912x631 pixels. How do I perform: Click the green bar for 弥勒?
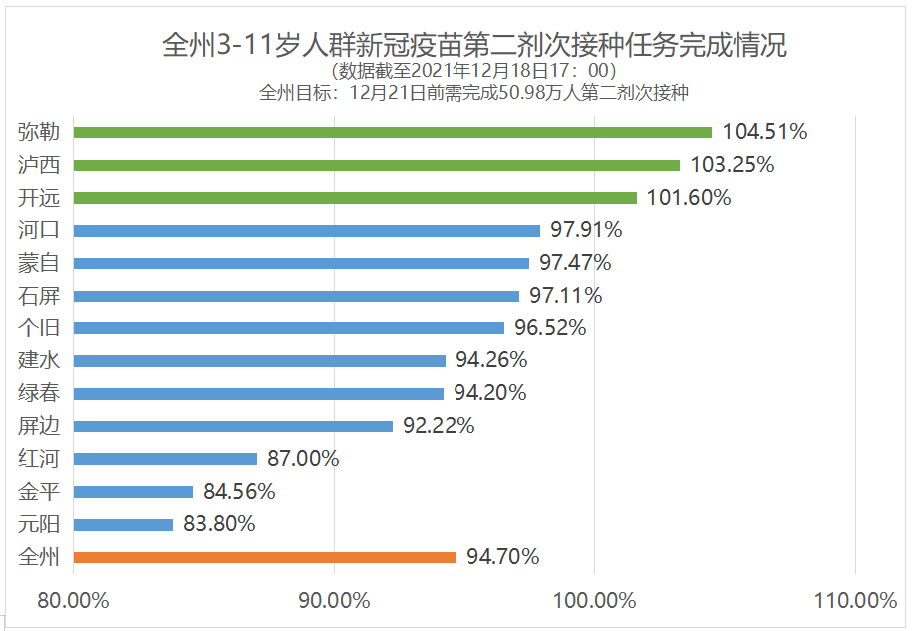pyautogui.click(x=393, y=132)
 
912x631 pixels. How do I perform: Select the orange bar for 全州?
pyautogui.click(x=265, y=557)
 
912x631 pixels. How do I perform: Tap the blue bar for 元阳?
pyautogui.click(x=123, y=524)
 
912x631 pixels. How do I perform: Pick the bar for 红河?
pyautogui.click(x=165, y=459)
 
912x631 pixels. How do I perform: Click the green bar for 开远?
pyautogui.click(x=355, y=198)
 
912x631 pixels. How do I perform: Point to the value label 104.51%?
pyautogui.click(x=764, y=132)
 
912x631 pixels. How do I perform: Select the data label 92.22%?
pyautogui.click(x=438, y=426)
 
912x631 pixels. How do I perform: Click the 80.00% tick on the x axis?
pyautogui.click(x=73, y=601)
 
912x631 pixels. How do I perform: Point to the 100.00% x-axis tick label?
pyautogui.click(x=594, y=601)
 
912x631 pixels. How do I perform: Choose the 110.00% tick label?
pyautogui.click(x=855, y=601)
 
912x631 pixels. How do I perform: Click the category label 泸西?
pyautogui.click(x=39, y=165)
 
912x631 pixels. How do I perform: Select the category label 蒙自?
pyautogui.click(x=39, y=263)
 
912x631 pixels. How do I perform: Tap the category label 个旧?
pyautogui.click(x=39, y=327)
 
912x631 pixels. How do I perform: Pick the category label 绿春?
pyautogui.click(x=39, y=393)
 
